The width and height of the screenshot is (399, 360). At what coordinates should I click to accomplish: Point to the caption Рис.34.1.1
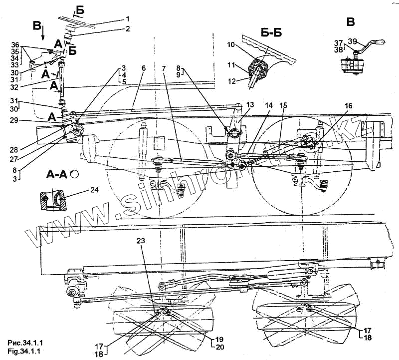tap(23, 343)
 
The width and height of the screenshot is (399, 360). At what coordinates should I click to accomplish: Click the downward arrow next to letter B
tap(43, 33)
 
